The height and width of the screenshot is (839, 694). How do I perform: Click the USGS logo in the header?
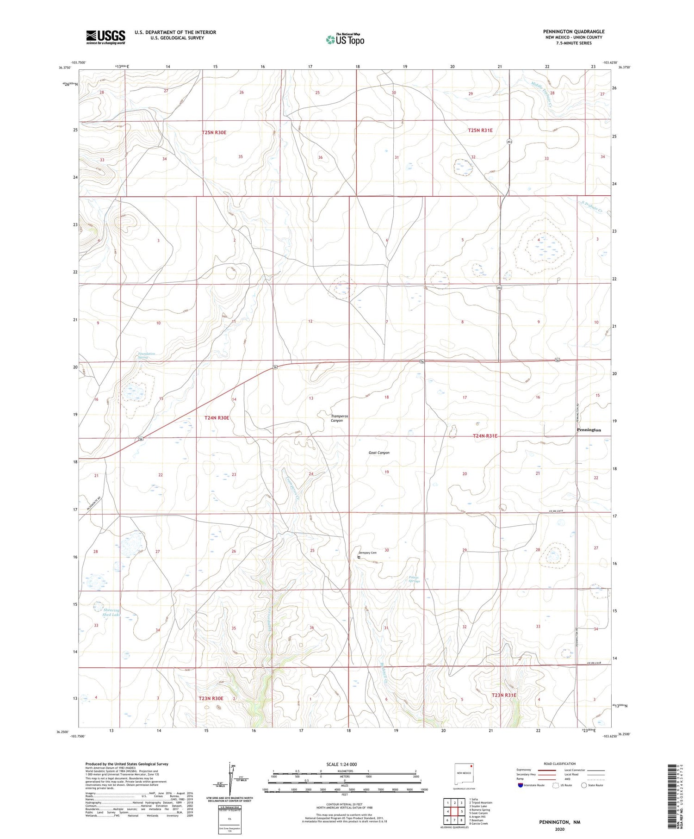[105, 37]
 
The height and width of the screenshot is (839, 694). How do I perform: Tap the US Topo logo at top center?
[345, 39]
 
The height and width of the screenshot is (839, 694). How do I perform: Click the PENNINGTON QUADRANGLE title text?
[574, 31]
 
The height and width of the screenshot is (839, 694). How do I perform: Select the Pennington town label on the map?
[589, 430]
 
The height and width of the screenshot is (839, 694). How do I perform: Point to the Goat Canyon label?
[379, 453]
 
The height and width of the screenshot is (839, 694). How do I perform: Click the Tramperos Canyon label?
[339, 418]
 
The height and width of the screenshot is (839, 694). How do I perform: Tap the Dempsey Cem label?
[368, 553]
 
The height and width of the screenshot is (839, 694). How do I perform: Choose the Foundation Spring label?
[147, 356]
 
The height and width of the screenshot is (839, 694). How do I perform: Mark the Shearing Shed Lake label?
[111, 612]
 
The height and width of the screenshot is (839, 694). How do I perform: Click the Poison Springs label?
[414, 579]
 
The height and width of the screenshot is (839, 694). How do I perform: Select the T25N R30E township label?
[214, 132]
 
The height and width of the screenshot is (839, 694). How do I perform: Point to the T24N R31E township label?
[485, 435]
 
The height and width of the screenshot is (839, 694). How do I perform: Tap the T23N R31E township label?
[504, 695]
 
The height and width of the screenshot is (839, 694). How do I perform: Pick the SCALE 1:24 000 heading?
[344, 764]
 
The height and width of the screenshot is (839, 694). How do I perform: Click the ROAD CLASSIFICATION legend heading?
[560, 764]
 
